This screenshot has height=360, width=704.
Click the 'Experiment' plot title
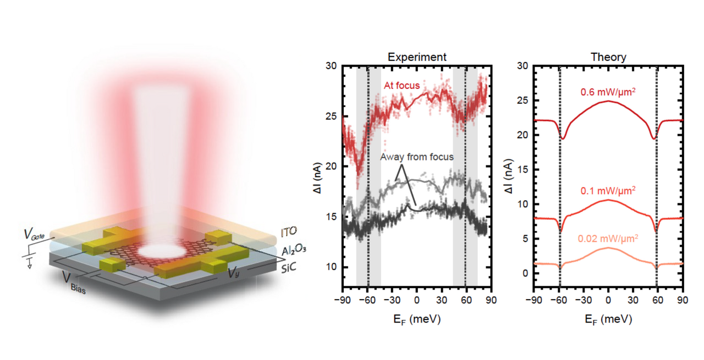(x=416, y=57)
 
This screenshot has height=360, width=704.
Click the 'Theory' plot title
(x=608, y=57)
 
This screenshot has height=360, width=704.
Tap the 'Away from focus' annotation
(x=417, y=157)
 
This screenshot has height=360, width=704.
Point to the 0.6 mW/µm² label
(x=608, y=92)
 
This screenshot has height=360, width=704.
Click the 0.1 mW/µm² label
(x=608, y=190)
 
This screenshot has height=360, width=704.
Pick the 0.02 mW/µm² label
(x=608, y=239)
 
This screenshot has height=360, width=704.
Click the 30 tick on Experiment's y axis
(x=332, y=65)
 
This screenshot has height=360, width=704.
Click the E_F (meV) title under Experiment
(x=416, y=319)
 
